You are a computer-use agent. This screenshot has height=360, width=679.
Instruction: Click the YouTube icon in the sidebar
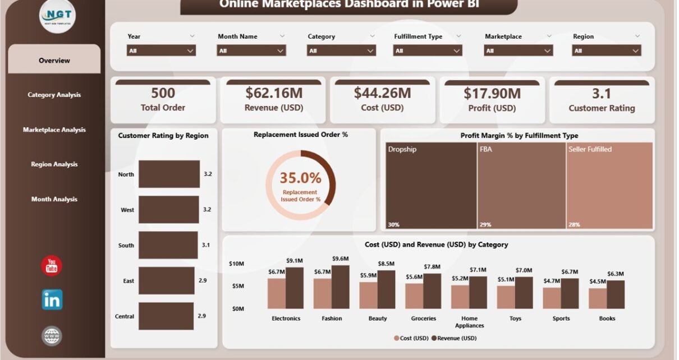pos(52,266)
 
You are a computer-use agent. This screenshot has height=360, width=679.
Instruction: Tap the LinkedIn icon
pos(52,300)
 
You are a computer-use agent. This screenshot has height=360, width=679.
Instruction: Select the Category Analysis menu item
pos(54,95)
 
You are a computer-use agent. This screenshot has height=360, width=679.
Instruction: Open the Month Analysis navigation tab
pos(54,199)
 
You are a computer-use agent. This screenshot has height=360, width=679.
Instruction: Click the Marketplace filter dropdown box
pos(518,50)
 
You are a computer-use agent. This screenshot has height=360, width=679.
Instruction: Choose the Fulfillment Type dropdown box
pos(428,50)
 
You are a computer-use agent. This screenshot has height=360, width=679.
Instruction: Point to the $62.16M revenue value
pos(272,93)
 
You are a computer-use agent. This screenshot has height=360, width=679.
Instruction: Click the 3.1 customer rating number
pos(602,93)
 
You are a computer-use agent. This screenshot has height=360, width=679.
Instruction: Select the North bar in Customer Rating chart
pos(169,174)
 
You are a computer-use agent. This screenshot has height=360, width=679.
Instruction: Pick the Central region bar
pos(166,316)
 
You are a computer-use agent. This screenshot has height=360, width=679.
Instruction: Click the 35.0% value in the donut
pos(301,178)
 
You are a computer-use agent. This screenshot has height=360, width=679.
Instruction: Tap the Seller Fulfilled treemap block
pos(609,186)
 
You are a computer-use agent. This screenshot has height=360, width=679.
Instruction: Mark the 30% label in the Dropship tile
pos(393,225)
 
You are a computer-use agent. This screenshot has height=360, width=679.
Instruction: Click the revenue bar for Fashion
pos(340,287)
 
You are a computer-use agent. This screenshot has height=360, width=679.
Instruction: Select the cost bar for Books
pos(597,298)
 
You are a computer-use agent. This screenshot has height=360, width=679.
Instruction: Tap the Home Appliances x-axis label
pos(469,322)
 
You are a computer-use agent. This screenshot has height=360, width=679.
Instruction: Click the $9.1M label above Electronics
pos(295,260)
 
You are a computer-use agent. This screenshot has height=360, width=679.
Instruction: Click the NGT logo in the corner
pos(58,16)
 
